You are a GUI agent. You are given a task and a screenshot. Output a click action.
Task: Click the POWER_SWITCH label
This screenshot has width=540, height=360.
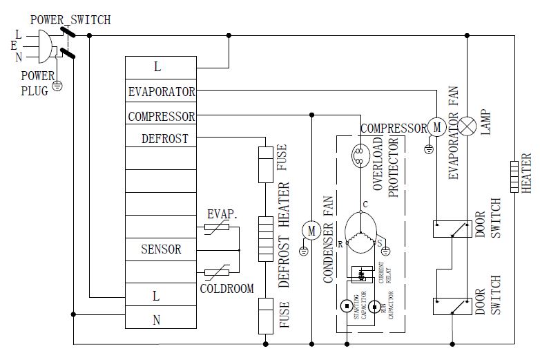coord(70,20)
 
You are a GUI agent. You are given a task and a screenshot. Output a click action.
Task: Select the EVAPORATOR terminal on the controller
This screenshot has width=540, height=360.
coord(161,91)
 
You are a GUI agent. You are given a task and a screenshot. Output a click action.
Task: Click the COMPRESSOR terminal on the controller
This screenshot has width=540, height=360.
coord(161,116)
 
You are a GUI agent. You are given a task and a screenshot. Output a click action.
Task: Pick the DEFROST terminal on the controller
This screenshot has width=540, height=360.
coord(164,138)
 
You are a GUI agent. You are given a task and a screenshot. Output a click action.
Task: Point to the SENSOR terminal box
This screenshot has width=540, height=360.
coord(161,249)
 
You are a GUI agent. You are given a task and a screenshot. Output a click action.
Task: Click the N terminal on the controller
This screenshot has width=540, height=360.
coord(157,319)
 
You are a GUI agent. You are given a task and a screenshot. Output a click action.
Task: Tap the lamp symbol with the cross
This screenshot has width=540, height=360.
coord(469,126)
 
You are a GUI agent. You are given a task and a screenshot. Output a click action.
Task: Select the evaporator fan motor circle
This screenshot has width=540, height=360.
coord(436,126)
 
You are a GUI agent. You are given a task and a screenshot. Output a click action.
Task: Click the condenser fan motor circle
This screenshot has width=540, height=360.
coord(311,231)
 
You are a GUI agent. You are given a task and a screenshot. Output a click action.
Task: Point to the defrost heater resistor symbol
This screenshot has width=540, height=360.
coord(265,238)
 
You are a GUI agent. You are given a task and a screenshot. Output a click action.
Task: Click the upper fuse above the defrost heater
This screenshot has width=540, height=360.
coord(265,164)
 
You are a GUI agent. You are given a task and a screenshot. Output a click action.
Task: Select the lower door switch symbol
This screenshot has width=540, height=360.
coord(452,305)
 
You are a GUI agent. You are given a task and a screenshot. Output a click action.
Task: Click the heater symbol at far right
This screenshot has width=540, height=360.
coord(514,176)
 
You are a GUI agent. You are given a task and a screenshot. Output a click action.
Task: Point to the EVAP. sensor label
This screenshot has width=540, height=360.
coord(222,215)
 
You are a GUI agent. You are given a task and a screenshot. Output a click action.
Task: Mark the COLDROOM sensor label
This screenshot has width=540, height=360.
coord(227,288)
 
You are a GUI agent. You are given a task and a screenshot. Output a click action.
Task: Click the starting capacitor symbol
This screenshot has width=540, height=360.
coord(345,305)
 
